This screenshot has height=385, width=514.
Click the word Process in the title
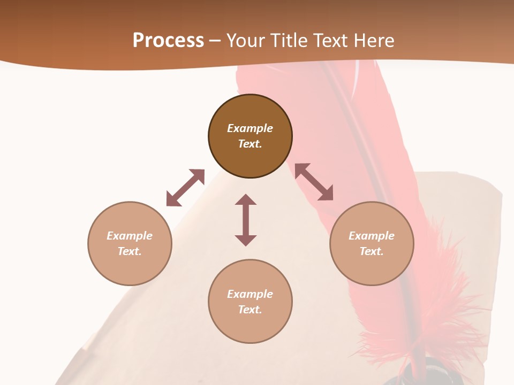click(168, 41)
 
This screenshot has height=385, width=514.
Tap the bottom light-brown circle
click(250, 326)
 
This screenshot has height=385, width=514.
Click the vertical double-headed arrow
click(246, 220)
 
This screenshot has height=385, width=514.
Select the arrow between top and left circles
click(185, 188)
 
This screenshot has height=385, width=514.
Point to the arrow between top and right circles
click(314, 182)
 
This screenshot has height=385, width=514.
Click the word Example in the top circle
click(250, 128)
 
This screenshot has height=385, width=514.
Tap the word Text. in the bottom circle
click(250, 310)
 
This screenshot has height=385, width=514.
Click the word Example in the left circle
click(130, 236)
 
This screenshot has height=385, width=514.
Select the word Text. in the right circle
click(372, 251)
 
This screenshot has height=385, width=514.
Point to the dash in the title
click(215, 41)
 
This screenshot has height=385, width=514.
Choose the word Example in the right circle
click(372, 236)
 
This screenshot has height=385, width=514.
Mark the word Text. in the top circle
click(250, 144)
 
